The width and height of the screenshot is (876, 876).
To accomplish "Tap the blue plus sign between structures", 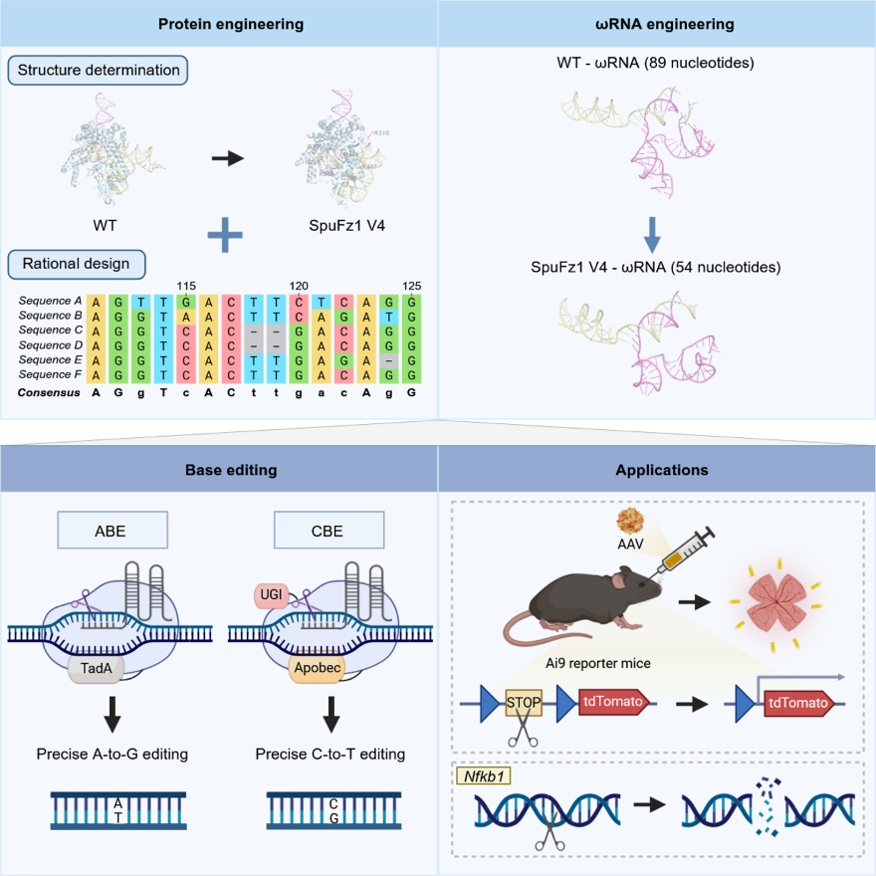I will pyautogui.click(x=225, y=234).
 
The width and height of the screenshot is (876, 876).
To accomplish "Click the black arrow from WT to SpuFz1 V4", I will pyautogui.click(x=228, y=157).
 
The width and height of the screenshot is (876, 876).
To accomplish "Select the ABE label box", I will pyautogui.click(x=110, y=531).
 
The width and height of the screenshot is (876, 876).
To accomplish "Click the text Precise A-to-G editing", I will pyautogui.click(x=111, y=754).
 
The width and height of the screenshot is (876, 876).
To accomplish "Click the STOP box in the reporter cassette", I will pyautogui.click(x=523, y=702).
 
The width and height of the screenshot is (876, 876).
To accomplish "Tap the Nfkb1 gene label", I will pyautogui.click(x=481, y=774).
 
